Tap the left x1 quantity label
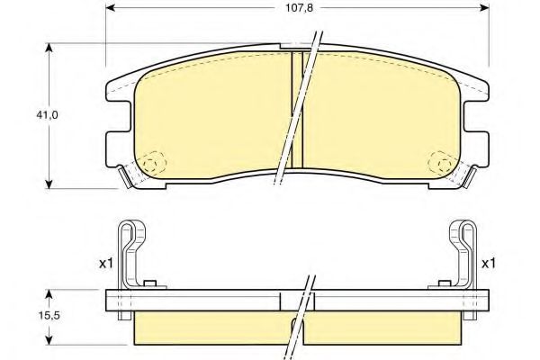pos(105,265)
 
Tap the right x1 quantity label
pos(489,265)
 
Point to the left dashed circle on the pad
pos(154,162)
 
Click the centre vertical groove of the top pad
pos(297,112)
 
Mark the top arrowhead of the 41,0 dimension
pos(50,47)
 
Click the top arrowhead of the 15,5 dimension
pos(50,293)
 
